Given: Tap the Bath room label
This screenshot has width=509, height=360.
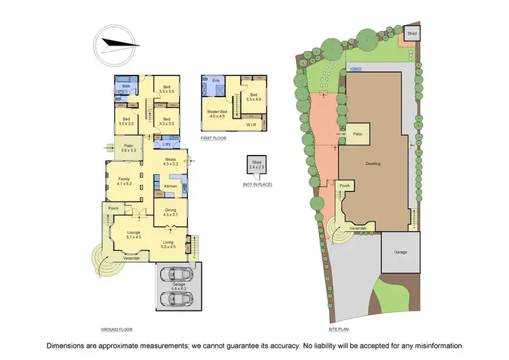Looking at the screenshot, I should (126, 87).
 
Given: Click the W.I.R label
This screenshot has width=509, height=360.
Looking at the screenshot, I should (251, 125).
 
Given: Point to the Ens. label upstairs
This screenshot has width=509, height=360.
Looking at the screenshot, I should (216, 81).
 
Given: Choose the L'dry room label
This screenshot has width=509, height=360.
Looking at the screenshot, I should (166, 144).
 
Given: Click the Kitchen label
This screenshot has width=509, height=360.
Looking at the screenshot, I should (170, 185).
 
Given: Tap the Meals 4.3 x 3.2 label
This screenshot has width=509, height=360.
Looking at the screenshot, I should (170, 162).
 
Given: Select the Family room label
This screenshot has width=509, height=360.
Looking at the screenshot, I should (124, 181).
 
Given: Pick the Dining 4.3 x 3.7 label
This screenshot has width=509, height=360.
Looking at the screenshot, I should (170, 212).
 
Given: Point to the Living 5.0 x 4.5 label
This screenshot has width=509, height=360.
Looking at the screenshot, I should (168, 245).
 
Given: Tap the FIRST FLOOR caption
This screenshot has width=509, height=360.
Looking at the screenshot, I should (213, 138).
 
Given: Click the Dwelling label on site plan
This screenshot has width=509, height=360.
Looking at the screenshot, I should (373, 164).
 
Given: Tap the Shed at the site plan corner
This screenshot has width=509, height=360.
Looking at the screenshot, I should (412, 33).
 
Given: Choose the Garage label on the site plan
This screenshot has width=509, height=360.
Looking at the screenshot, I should (400, 252).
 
